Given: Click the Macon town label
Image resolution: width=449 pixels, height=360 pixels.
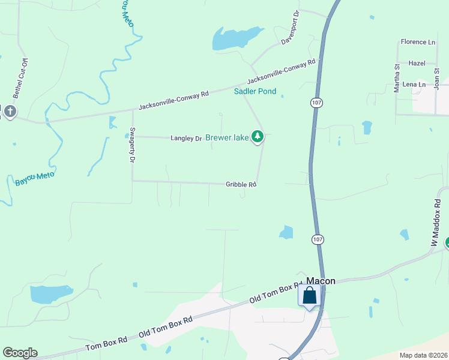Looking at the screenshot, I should pyautogui.click(x=321, y=281).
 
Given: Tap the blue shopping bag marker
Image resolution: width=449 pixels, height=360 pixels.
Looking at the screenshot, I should pyautogui.click(x=309, y=296).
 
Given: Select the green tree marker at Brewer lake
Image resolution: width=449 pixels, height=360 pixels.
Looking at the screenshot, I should pyautogui.click(x=258, y=137).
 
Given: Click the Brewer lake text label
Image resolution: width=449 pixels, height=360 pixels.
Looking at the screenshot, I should pyautogui.click(x=227, y=138).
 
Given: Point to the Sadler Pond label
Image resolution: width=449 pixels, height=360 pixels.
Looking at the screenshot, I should pyautogui.click(x=255, y=91).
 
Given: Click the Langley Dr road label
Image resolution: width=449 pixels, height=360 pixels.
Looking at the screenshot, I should pyautogui.click(x=186, y=139).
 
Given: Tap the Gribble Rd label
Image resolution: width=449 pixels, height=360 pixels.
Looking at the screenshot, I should pyautogui.click(x=241, y=184).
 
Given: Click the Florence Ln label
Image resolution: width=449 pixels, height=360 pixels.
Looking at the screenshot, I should pyautogui.click(x=418, y=42).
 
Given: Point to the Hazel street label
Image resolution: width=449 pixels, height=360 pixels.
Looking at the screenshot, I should pyautogui.click(x=417, y=63).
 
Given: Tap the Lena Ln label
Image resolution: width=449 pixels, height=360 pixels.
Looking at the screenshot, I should pyautogui.click(x=414, y=85).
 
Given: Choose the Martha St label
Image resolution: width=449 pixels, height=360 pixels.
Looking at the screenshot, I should pyautogui.click(x=396, y=79).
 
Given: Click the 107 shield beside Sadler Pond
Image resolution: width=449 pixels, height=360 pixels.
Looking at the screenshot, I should pyautogui.click(x=317, y=103).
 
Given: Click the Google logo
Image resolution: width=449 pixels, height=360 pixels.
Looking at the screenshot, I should pyautogui.click(x=20, y=353).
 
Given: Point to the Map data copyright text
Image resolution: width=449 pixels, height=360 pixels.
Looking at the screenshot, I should pyautogui.click(x=424, y=355).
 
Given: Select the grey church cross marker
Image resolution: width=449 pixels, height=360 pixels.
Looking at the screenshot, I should pyautogui.click(x=9, y=112).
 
